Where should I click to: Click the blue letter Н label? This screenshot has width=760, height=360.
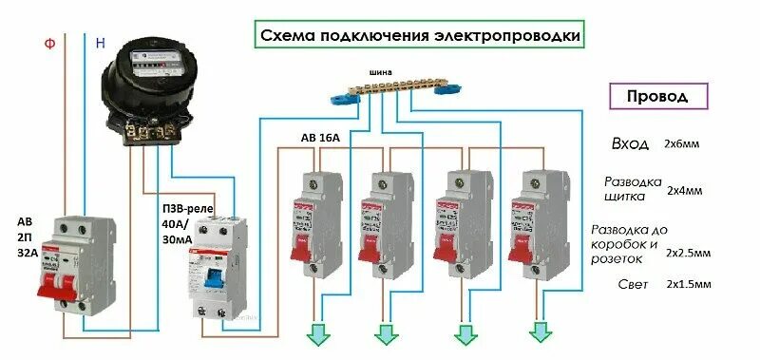100,43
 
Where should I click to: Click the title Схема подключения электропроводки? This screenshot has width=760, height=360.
419,35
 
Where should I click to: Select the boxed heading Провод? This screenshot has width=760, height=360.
658,97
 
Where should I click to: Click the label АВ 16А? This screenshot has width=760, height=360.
319,137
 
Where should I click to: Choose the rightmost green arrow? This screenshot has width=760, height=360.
541,332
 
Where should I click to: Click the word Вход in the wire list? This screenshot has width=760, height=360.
630,144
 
